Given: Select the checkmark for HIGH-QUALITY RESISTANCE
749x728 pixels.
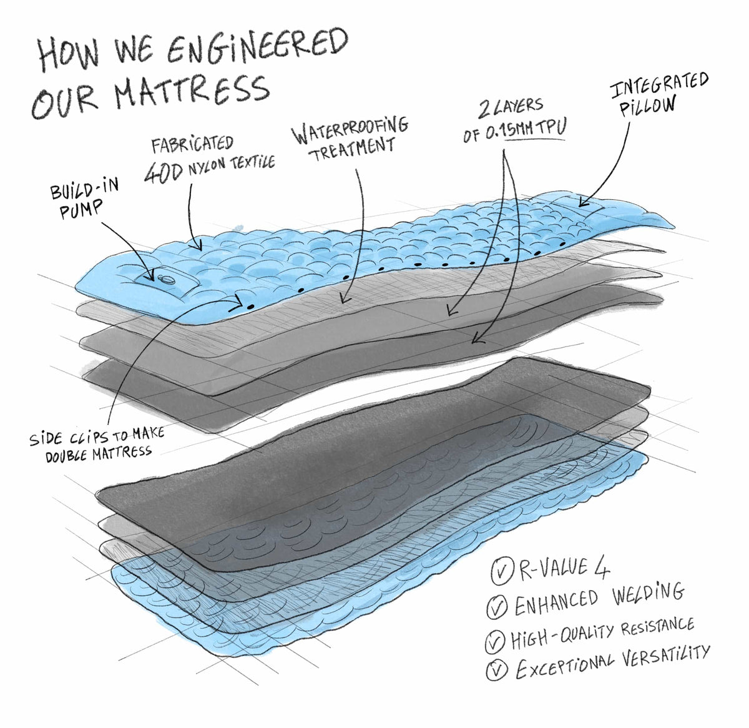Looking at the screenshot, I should coord(495,640).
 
